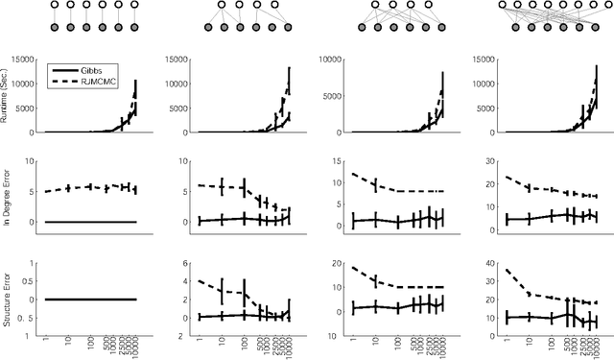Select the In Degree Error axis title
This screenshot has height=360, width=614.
tap(9, 190)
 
